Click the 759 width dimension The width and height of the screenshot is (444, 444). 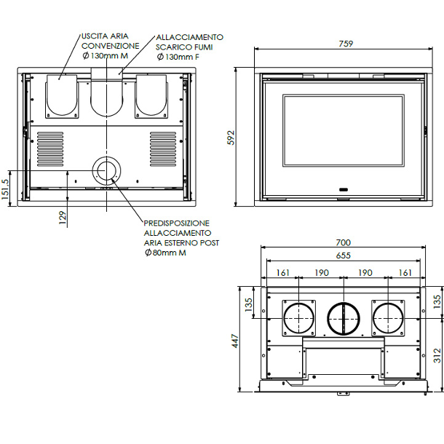point(346,44)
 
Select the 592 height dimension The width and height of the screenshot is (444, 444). point(231,138)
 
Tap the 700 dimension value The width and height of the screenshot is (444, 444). point(344,242)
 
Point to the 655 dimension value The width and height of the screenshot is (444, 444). point(344,255)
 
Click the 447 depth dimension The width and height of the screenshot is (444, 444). point(235,341)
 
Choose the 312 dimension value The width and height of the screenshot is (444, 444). point(437,355)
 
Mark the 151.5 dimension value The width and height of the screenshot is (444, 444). point(5,189)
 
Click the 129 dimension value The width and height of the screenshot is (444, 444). point(63,218)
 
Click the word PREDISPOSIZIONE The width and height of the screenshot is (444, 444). point(176,223)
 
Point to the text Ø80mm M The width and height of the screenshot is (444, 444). point(165,253)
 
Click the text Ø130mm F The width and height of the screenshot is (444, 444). point(178,57)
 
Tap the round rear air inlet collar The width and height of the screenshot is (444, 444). point(106,171)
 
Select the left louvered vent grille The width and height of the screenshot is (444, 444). point(50,149)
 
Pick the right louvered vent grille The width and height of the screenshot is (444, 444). point(163,149)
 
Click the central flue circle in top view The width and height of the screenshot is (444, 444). point(344,319)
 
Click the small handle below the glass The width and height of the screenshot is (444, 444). point(344,190)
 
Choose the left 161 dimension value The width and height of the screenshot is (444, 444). point(283,273)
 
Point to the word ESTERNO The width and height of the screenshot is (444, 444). point(181,243)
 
